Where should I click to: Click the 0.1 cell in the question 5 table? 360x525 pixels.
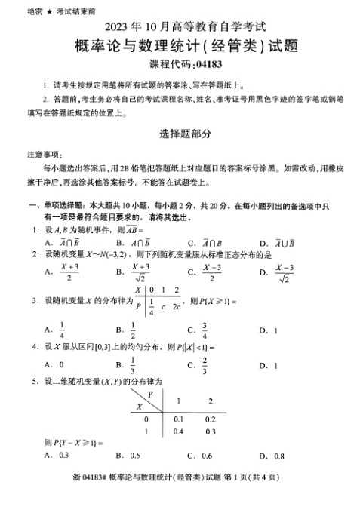coord(178,419)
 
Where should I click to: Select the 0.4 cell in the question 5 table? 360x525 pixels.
coord(178,431)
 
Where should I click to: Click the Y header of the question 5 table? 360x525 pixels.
coord(151,395)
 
